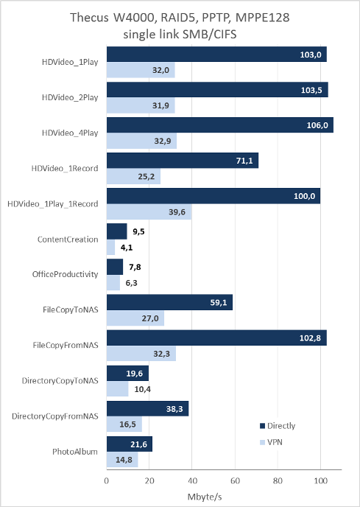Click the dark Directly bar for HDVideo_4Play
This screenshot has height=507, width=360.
219,125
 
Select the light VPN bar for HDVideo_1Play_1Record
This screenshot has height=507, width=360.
149,211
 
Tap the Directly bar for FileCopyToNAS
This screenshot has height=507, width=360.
169,302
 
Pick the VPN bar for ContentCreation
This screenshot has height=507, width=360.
110,248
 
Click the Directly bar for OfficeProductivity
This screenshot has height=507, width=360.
115,267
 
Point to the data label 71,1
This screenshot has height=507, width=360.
244,161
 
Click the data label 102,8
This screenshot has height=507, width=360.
310,338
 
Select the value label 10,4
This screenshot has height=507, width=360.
143,389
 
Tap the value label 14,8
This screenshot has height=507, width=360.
124,460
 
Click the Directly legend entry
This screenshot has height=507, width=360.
278,426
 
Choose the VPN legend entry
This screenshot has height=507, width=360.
271,442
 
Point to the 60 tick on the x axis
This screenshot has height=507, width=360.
235,480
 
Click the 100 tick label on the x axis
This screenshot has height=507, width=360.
320,480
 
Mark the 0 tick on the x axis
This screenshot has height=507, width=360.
107,480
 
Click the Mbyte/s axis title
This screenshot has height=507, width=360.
205,497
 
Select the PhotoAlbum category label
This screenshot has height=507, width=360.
75,452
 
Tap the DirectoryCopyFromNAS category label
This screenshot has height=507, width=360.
55,416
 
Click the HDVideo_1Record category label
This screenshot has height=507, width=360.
65,169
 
